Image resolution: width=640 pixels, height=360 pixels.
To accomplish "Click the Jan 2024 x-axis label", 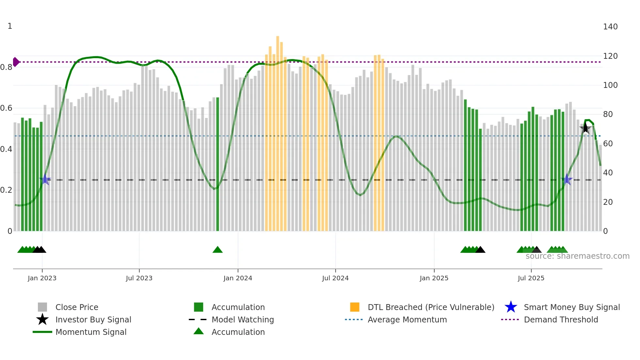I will pos(238,278).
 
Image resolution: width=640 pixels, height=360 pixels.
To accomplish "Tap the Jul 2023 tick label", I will pos(139,278).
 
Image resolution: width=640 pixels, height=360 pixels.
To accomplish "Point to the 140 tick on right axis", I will pos(610,27).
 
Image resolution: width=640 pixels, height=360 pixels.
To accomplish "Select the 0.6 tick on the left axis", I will pos(6,108).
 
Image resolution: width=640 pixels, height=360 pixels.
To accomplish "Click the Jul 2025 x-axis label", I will pos(531,278).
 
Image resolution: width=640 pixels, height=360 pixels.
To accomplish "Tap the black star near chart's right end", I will pos(585,128).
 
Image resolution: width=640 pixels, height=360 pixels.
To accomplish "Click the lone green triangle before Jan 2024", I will pos(217,250).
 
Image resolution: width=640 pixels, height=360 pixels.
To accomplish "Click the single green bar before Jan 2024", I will pos(218,163).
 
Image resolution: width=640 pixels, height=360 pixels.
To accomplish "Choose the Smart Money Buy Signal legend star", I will pos(511,307).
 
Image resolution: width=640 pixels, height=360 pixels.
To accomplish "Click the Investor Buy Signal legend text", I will pos(93,319).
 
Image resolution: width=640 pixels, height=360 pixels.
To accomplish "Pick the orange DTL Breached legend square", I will pos(355,307).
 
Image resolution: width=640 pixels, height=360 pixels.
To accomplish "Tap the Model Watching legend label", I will pos(243,319).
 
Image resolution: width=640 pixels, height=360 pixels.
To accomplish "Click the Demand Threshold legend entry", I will pos(561,319).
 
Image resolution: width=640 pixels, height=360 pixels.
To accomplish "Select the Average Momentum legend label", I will pos(407,319).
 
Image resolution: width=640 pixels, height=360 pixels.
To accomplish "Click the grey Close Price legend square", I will pos(42,307).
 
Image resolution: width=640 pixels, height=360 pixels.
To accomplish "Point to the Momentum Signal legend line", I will pos(42,332).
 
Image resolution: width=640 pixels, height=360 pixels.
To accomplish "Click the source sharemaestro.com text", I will pos(577,256).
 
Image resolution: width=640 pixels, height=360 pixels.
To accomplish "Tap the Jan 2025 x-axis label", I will pos(434,278).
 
